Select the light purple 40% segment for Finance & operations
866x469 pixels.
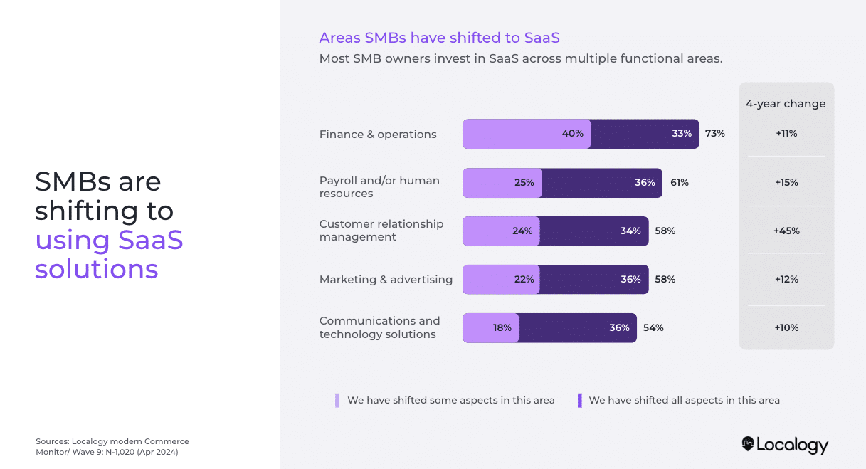[527, 134]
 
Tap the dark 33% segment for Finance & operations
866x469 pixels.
[645, 134]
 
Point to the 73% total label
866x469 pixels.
[715, 134]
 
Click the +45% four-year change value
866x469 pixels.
[786, 231]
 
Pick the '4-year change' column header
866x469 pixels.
[786, 104]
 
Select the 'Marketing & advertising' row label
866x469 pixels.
[386, 280]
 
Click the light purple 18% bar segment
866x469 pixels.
[491, 328]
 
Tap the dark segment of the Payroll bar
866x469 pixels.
[602, 183]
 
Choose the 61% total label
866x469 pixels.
[679, 183]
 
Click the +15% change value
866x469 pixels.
[786, 183]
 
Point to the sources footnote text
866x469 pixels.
[112, 447]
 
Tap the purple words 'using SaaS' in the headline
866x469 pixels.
[109, 240]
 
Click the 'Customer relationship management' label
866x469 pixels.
[381, 231]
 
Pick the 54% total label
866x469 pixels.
[653, 328]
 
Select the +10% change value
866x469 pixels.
[786, 328]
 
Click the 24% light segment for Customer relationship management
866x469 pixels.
[502, 231]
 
